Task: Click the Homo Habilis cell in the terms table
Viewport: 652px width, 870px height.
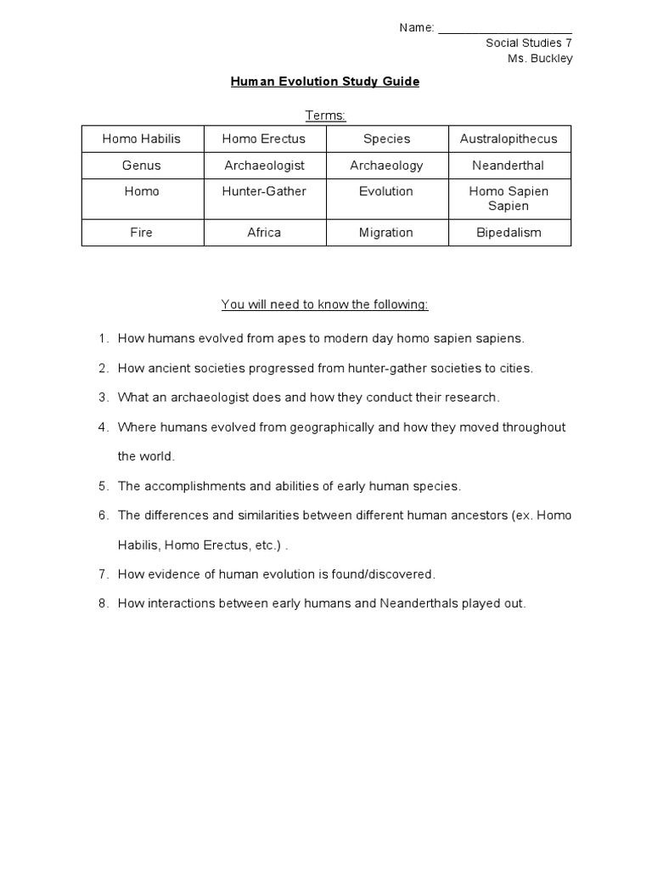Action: [x=142, y=138]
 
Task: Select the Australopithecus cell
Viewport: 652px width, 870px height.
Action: [x=509, y=138]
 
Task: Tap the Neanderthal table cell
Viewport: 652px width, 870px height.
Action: [x=509, y=165]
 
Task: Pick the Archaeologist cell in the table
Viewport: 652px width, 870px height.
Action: [x=264, y=165]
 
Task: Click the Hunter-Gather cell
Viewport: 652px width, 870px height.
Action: [x=264, y=191]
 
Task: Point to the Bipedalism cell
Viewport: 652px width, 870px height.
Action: [x=509, y=232]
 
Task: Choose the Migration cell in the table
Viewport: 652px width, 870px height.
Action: [x=386, y=232]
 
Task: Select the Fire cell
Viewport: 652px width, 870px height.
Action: [x=142, y=232]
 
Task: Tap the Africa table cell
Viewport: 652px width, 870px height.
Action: [x=264, y=232]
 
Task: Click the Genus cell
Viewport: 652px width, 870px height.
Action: [x=142, y=165]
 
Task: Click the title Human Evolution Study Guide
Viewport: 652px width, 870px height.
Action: [x=325, y=82]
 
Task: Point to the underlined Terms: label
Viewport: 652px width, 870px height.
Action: [x=325, y=115]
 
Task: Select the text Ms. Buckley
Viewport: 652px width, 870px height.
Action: [x=540, y=59]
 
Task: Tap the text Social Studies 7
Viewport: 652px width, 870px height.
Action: [x=529, y=43]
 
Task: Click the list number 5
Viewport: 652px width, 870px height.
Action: [x=103, y=486]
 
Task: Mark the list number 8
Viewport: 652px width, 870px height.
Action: [x=103, y=604]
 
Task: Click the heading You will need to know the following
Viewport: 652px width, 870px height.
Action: [x=325, y=303]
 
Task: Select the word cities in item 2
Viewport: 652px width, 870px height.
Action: [x=516, y=368]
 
